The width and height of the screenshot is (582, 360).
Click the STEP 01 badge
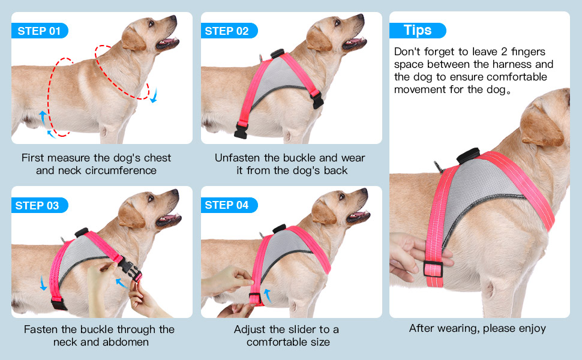[x=40, y=31]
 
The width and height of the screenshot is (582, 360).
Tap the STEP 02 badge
[x=229, y=31]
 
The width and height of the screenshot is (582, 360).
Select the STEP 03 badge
[x=40, y=205]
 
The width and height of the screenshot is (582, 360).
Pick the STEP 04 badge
[x=229, y=205]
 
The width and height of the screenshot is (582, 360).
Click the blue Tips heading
[x=418, y=30]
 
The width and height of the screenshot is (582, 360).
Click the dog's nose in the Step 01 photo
[x=173, y=17]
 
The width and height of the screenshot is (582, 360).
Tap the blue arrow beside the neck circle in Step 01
[x=154, y=95]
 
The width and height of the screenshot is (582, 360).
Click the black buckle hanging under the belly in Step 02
[x=241, y=131]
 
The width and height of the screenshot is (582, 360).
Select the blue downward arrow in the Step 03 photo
[x=43, y=283]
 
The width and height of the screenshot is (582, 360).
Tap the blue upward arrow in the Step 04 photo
[x=267, y=296]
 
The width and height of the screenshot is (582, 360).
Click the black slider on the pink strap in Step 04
[x=254, y=298]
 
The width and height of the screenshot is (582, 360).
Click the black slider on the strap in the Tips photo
[x=433, y=269]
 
